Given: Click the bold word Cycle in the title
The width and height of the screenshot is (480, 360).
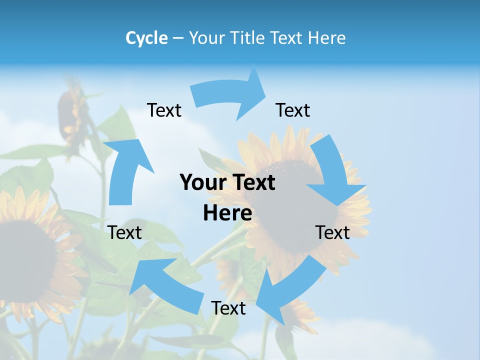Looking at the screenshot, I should click(x=146, y=38).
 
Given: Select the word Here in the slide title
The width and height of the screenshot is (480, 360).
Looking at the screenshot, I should click(x=327, y=38).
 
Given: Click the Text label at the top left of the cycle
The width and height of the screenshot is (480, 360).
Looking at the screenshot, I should click(x=164, y=110).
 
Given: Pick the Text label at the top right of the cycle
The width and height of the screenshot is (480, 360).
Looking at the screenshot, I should click(x=293, y=110).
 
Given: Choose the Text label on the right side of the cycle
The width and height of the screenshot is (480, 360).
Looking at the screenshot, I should click(x=332, y=232).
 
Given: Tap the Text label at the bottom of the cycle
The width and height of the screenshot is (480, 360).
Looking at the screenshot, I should click(x=228, y=308).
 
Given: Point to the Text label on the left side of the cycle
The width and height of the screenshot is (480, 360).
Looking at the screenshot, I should click(x=125, y=232).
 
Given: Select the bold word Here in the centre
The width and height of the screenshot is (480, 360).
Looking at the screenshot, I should click(x=227, y=213).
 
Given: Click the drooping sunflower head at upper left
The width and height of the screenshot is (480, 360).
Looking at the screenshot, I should click(x=70, y=115).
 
